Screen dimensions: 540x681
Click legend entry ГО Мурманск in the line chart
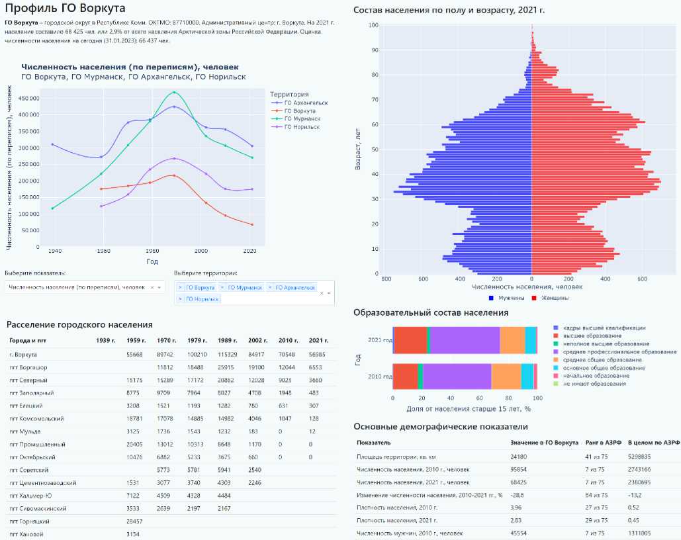point(305,118)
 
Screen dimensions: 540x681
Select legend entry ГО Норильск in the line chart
point(305,126)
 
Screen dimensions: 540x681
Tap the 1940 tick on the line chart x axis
point(54,251)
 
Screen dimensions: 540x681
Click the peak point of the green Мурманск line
point(174,92)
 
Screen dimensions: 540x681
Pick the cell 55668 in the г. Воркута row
point(134,354)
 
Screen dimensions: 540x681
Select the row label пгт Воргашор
point(28,367)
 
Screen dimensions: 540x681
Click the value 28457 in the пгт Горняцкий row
point(134,521)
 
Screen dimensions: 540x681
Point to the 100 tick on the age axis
point(374,25)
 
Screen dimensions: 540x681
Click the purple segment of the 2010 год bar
point(457,376)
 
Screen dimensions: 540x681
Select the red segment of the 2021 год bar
point(410,340)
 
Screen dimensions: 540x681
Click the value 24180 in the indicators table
point(520,456)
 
